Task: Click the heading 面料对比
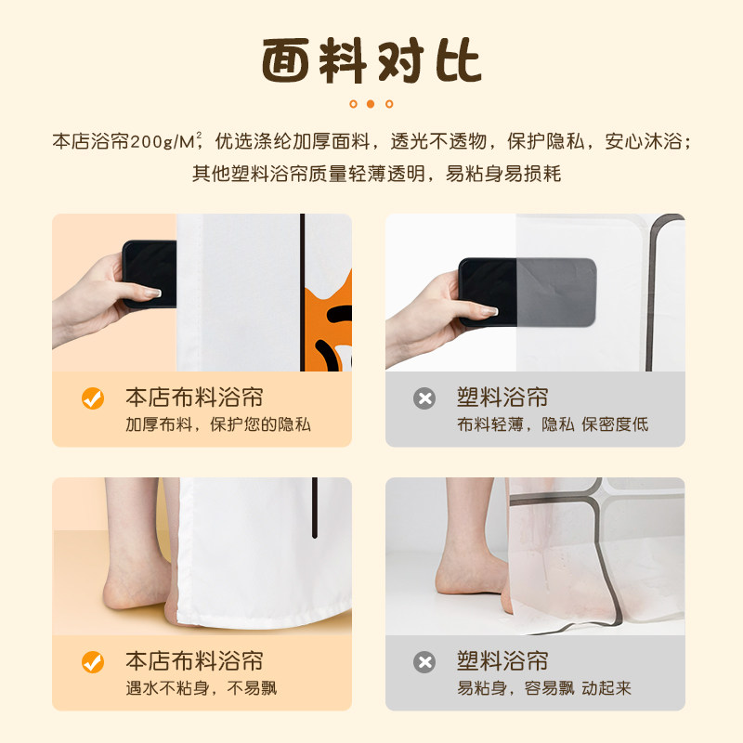pyautogui.click(x=371, y=60)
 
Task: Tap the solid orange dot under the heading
pyautogui.click(x=371, y=104)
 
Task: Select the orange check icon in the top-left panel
pyautogui.click(x=93, y=398)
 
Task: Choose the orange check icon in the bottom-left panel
pyautogui.click(x=93, y=662)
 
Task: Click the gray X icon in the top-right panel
pyautogui.click(x=424, y=398)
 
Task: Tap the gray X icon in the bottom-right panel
pyautogui.click(x=424, y=662)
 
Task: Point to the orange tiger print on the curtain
pyautogui.click(x=329, y=327)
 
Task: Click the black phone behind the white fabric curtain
pyautogui.click(x=150, y=274)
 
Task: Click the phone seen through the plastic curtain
pyautogui.click(x=527, y=293)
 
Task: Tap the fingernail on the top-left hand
pyautogui.click(x=152, y=293)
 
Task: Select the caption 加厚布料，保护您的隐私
pyautogui.click(x=218, y=424)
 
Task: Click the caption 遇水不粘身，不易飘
pyautogui.click(x=202, y=688)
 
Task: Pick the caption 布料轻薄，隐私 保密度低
pyautogui.click(x=553, y=424)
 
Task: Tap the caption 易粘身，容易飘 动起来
pyautogui.click(x=544, y=688)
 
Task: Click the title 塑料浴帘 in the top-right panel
pyautogui.click(x=502, y=398)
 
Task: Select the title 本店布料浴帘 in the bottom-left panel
pyautogui.click(x=194, y=661)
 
